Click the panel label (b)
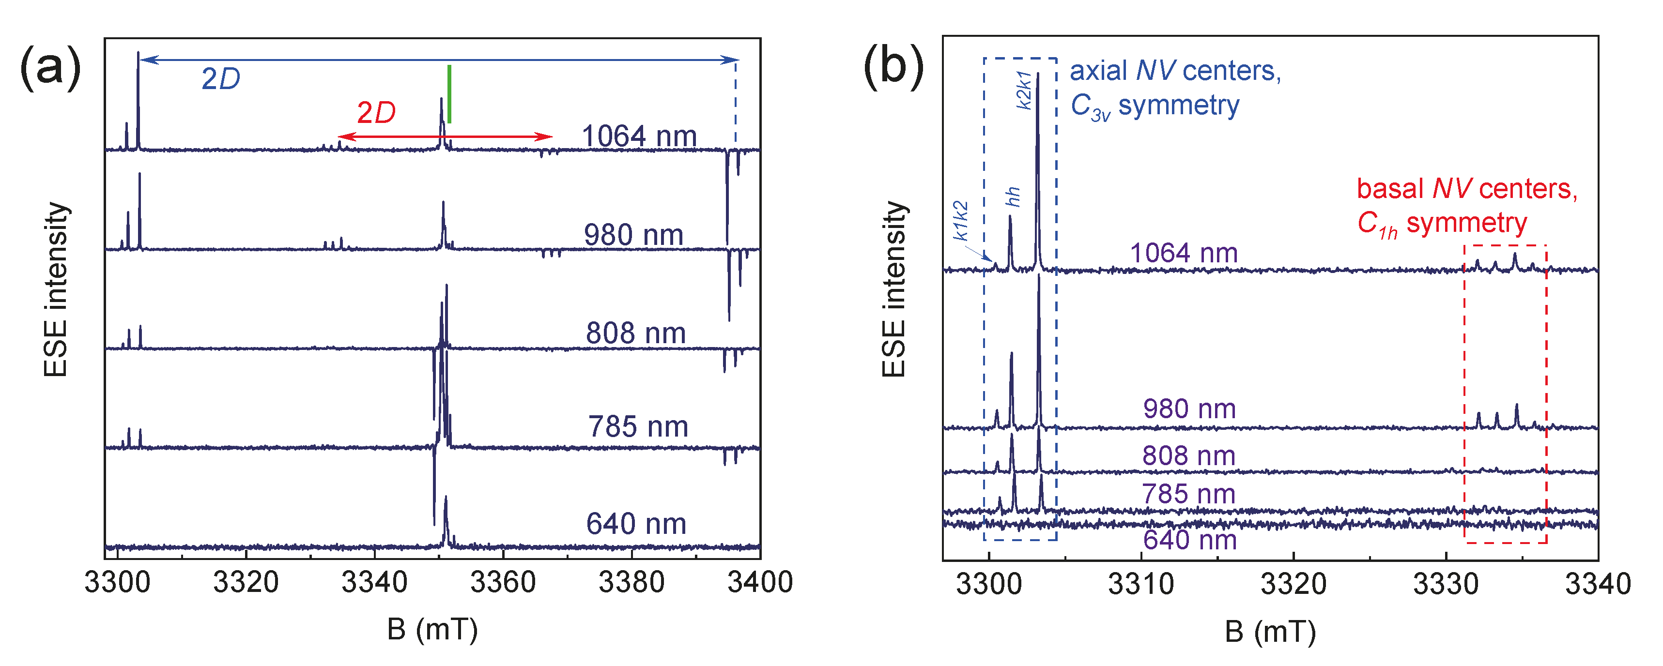(x=893, y=67)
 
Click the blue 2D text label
(x=220, y=79)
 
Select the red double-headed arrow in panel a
(x=446, y=137)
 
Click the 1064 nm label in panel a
(x=639, y=136)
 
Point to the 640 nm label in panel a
(x=636, y=523)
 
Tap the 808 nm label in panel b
(x=1188, y=455)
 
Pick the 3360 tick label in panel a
(x=502, y=583)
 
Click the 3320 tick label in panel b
(x=1293, y=585)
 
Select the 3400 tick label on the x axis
(x=760, y=583)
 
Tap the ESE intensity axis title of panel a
(x=56, y=289)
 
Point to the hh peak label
(x=1013, y=197)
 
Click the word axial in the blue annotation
(x=1098, y=71)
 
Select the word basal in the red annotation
(x=1390, y=189)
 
